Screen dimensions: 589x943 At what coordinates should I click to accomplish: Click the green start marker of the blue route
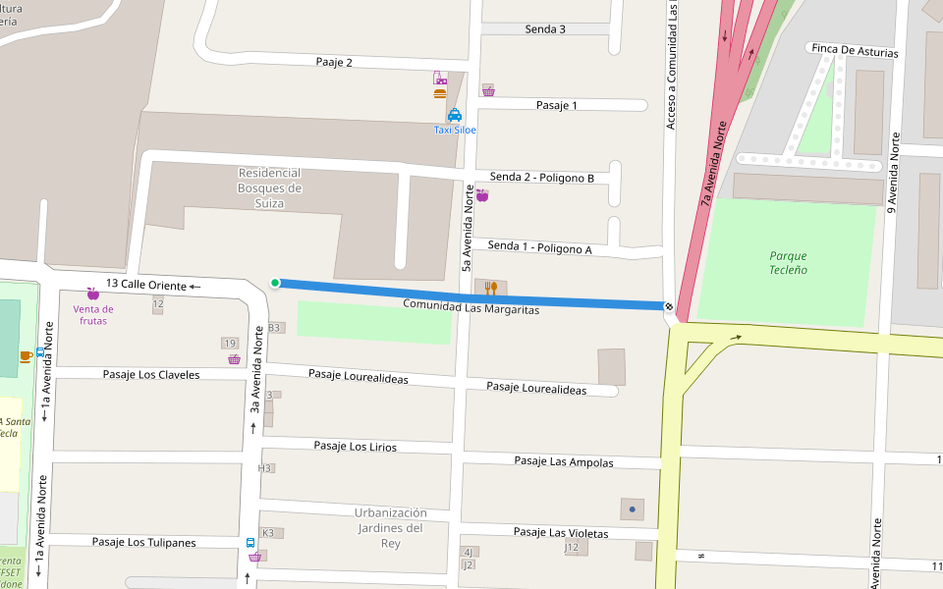pos(275,284)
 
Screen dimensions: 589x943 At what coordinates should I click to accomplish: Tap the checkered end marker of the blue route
pos(669,307)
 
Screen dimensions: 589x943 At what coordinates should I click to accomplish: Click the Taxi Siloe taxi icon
pos(455,115)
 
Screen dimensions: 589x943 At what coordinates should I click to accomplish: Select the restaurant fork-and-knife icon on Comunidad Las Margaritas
pos(491,288)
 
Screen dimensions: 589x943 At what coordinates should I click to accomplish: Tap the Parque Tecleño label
pos(788,263)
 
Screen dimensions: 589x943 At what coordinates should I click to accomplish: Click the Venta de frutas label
pos(93,315)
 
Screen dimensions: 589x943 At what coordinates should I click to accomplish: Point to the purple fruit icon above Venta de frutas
pos(93,294)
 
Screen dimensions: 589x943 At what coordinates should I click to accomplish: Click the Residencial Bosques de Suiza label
pos(269,187)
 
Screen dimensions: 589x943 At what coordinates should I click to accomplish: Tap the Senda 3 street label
pos(545,29)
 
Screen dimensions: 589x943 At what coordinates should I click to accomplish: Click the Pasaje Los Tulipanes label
pos(143,542)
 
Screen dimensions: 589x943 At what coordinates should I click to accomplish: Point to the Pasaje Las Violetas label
pos(561,533)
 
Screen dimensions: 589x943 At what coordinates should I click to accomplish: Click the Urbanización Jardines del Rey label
pos(391,528)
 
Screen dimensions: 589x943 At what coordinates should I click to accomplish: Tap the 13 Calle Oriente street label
pos(145,285)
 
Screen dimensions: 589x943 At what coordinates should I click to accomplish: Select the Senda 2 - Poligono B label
pos(542,178)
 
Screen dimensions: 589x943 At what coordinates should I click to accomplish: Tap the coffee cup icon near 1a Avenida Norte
pos(26,355)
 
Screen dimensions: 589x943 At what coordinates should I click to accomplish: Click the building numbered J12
pos(573,547)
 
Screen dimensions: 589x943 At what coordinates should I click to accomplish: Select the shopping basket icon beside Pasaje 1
pos(488,90)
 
